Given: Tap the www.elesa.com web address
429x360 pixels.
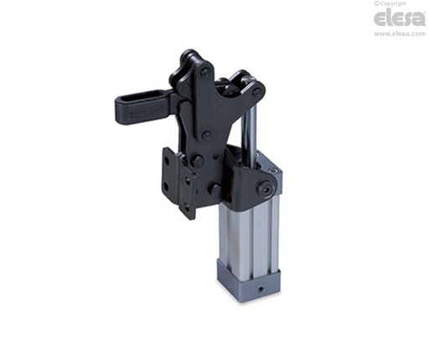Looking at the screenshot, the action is tap(400, 33).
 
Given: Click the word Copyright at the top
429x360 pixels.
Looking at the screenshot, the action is tap(392, 3).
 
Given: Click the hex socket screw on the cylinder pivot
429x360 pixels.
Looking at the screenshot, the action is tap(264, 187).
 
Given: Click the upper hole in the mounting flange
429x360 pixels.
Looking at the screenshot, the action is tap(168, 162).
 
